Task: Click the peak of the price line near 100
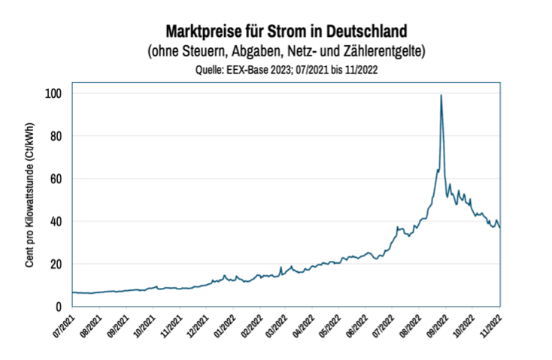pyautogui.click(x=441, y=95)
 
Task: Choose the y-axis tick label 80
pyautogui.click(x=55, y=136)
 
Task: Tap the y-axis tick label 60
pyautogui.click(x=55, y=179)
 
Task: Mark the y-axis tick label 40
pyautogui.click(x=55, y=222)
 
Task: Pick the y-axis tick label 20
pyautogui.click(x=55, y=264)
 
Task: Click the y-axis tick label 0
pyautogui.click(x=58, y=307)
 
